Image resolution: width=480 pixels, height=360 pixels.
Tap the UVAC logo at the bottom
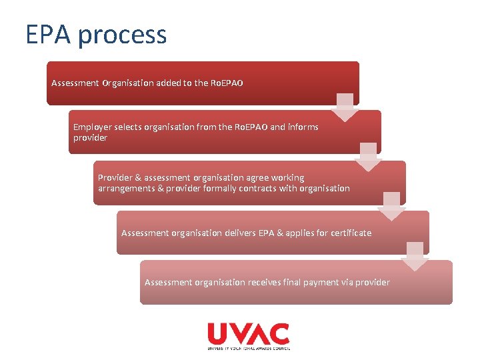coord(248,335)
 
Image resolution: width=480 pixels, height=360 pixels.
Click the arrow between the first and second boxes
coord(344,107)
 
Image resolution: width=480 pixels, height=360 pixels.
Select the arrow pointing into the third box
coord(368,157)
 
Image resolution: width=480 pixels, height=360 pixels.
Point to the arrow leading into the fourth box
coord(391,207)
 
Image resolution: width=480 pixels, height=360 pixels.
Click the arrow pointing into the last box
coord(415,257)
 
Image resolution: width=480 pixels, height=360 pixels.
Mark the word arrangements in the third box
coord(126,188)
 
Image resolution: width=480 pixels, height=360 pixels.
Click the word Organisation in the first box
coord(127,83)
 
